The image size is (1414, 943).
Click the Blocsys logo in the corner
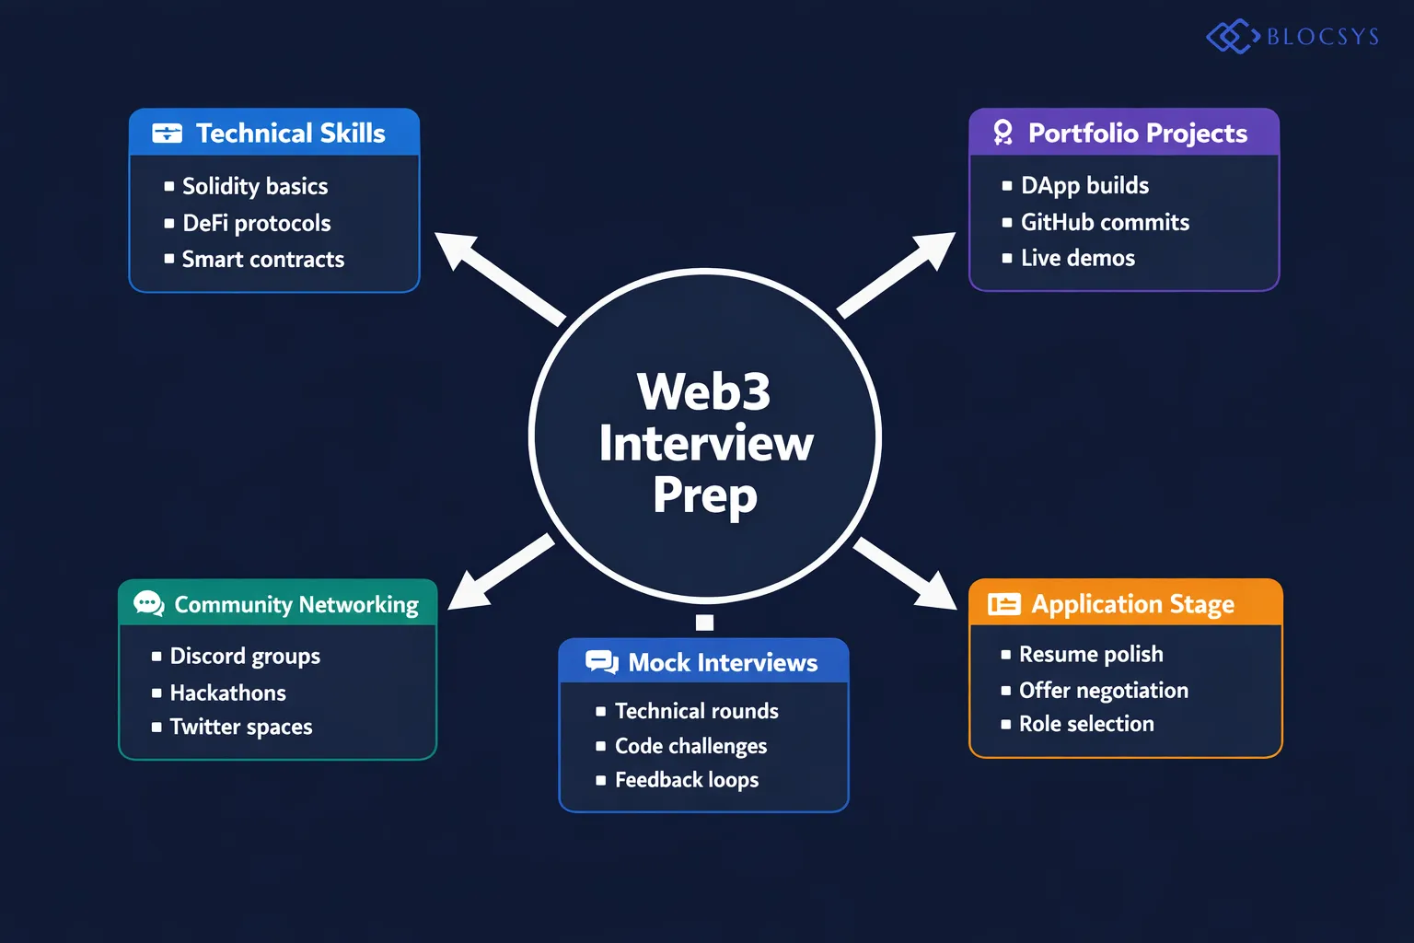point(1292,37)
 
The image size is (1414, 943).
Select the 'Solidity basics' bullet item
point(255,186)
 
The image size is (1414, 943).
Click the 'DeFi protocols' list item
point(256,223)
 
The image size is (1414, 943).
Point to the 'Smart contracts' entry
point(262,260)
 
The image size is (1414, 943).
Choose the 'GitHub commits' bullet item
point(1105,222)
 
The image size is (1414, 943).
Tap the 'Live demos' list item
point(1077,258)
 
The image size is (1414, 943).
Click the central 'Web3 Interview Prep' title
point(705,443)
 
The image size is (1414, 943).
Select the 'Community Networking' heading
point(296,604)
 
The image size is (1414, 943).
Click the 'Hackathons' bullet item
point(227,693)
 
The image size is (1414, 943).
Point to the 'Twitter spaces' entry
point(241,727)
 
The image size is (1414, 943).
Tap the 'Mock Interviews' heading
point(722,663)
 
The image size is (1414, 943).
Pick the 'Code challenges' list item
point(690,746)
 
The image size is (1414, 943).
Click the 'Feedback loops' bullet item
point(687,780)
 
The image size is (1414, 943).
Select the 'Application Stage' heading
point(1132,604)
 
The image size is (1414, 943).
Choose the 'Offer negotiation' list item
point(1103,690)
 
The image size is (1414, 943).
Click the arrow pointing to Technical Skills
point(497,276)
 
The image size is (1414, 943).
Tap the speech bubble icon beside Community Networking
point(148,604)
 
